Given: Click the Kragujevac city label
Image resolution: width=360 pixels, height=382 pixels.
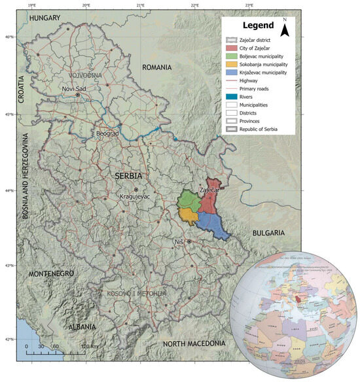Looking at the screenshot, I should coord(135,196).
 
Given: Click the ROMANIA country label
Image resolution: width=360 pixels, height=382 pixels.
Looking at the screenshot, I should coord(157,67).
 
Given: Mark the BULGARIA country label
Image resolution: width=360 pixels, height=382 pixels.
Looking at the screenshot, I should coord(268,232).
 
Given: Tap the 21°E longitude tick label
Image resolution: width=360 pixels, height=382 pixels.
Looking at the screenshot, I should coord(141,5).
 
